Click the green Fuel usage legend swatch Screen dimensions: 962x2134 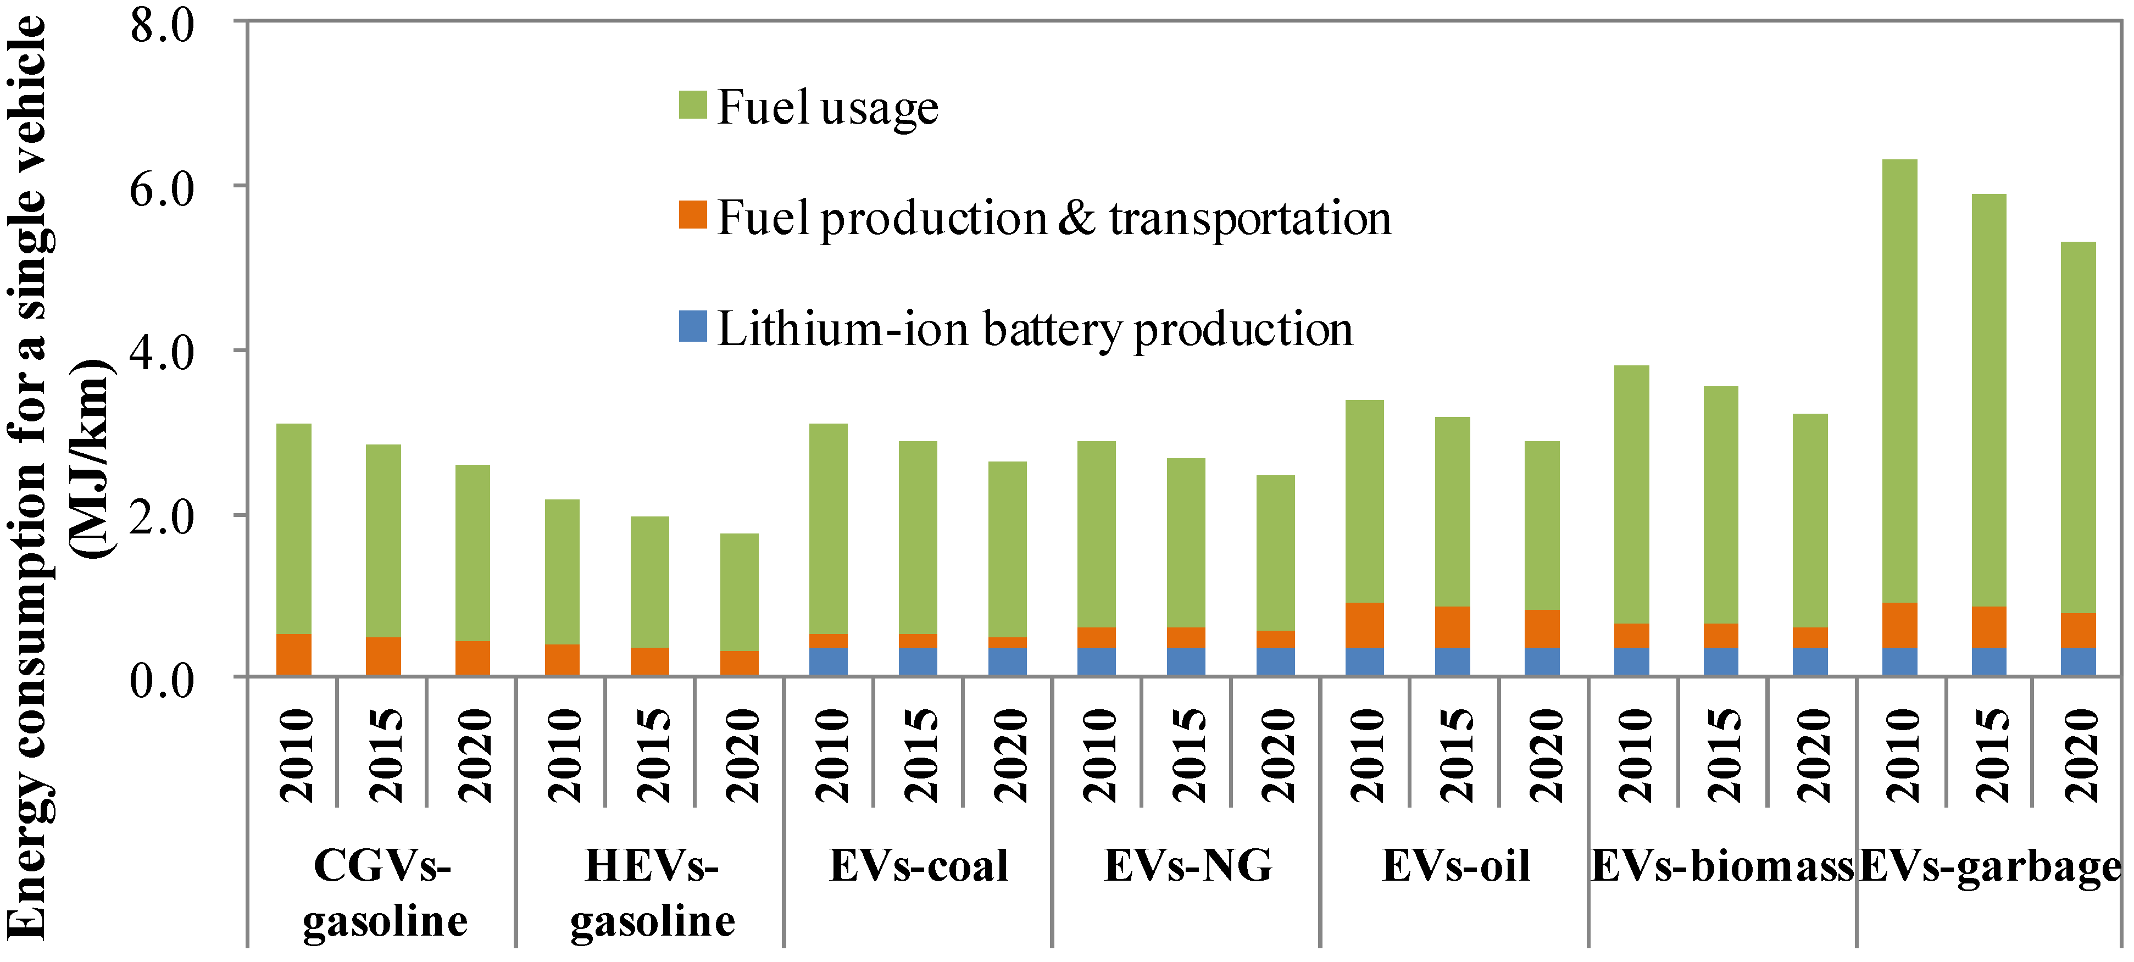point(692,105)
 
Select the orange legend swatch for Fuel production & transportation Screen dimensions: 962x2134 point(692,215)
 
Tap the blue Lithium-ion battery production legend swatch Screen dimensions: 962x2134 point(692,326)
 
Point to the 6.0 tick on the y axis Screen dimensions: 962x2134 point(162,189)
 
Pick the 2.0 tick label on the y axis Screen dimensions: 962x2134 point(162,518)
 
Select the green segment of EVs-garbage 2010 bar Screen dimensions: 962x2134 point(1899,381)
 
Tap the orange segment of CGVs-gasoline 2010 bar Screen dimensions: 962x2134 point(293,654)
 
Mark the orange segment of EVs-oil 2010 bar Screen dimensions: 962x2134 point(1364,624)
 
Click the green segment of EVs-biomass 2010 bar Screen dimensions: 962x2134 point(1631,494)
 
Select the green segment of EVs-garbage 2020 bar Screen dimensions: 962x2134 point(2077,427)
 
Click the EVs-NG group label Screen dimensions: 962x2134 point(1188,866)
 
